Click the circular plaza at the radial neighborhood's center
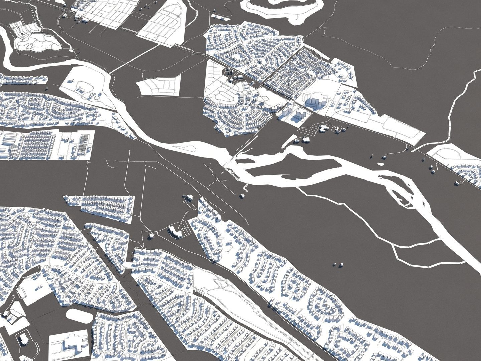[245, 109]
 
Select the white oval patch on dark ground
[79, 315]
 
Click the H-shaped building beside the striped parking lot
[323, 128]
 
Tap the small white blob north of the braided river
[380, 164]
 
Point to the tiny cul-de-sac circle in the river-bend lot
[97, 97]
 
